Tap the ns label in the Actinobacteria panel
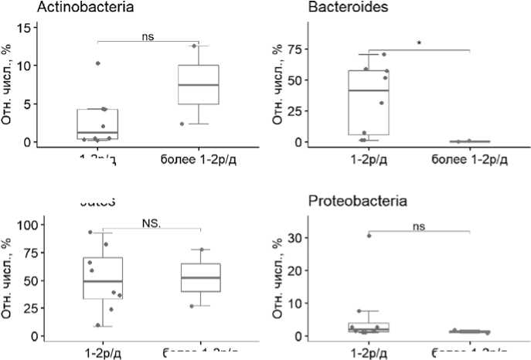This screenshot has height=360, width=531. point(148,35)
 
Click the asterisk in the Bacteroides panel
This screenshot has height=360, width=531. point(419,44)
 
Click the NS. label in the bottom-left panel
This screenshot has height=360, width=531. point(151,223)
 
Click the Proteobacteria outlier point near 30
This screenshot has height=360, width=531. point(369,236)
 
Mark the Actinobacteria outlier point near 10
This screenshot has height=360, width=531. point(97,63)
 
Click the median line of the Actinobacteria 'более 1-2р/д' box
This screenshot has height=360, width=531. point(199,85)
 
